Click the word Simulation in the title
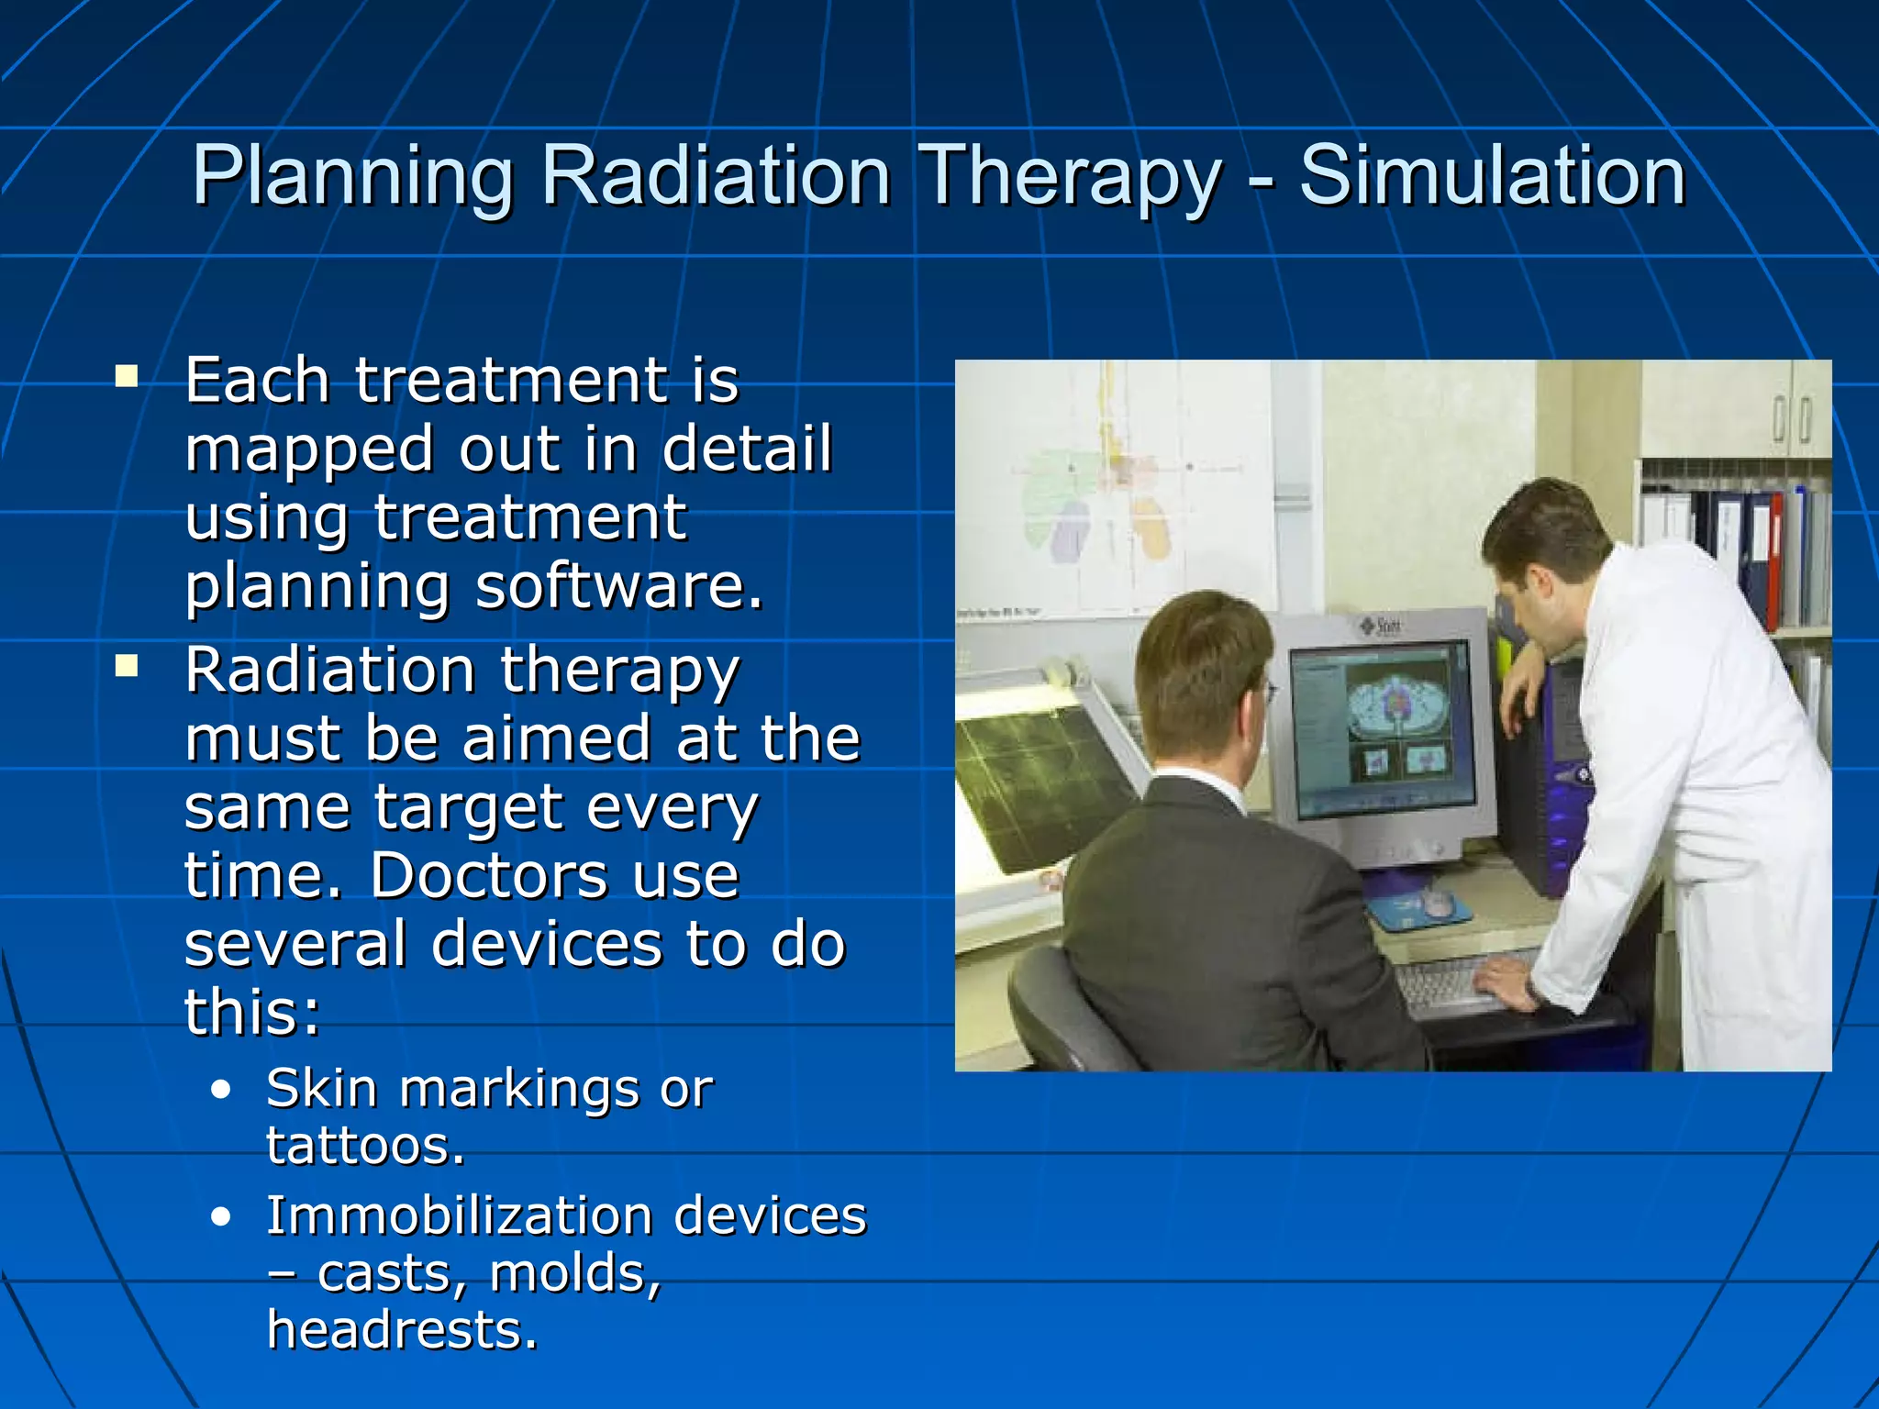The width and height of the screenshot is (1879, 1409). tap(1492, 176)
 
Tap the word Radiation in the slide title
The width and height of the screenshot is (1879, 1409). tap(716, 176)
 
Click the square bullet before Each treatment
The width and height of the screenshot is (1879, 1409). tap(127, 377)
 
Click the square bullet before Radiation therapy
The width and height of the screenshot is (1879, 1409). tap(127, 666)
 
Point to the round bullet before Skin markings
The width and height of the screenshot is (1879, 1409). tap(220, 1091)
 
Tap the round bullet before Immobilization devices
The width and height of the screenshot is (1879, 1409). tap(220, 1217)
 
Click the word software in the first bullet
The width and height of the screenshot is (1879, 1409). tap(619, 586)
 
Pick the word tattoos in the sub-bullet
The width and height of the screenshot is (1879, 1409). tap(365, 1146)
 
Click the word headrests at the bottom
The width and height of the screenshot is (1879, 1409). tap(402, 1330)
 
